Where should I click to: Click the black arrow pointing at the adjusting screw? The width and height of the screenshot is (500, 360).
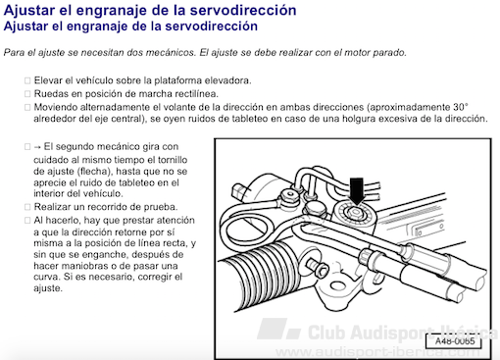pos(357,191)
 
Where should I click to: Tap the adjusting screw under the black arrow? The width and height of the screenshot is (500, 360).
pos(355,213)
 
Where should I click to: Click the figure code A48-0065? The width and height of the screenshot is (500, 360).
pos(455,341)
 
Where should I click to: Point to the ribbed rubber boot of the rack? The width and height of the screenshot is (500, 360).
pos(262,275)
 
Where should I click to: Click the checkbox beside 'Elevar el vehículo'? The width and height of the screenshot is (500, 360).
pos(27,80)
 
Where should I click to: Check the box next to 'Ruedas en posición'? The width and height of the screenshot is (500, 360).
pos(27,94)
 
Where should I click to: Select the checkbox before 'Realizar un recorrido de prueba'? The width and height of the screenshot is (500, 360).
pos(27,207)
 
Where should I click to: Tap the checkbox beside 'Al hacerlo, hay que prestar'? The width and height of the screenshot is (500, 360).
pos(27,221)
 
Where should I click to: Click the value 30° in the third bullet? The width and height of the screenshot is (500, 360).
pos(461,107)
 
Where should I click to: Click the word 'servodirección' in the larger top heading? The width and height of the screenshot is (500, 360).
pos(243,10)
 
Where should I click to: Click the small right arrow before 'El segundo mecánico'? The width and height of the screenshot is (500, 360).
pos(37,147)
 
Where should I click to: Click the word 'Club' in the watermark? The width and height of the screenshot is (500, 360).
pos(326,333)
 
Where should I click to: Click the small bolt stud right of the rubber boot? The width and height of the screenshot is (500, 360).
pos(318,267)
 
